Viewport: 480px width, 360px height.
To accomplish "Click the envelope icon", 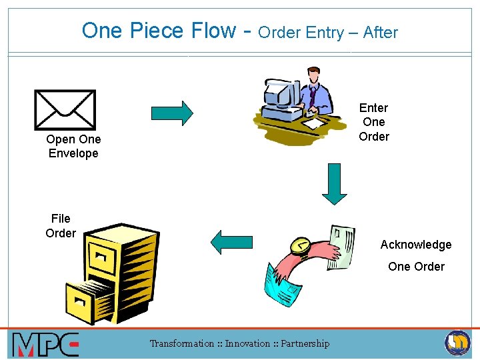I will pyautogui.click(x=65, y=109).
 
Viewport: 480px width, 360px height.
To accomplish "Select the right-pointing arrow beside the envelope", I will pyautogui.click(x=172, y=113).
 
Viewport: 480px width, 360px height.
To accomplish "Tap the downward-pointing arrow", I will pyautogui.click(x=335, y=183).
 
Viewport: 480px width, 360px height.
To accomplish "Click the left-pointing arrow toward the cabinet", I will pyautogui.click(x=231, y=241).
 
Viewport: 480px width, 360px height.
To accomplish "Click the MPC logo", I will pyautogui.click(x=45, y=345).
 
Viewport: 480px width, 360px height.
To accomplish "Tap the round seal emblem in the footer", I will pyautogui.click(x=457, y=343).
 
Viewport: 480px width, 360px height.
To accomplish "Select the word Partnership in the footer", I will pyautogui.click(x=305, y=344).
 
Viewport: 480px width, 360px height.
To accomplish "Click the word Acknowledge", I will pyautogui.click(x=416, y=245).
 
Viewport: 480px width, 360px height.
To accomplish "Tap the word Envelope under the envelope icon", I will pyautogui.click(x=73, y=153).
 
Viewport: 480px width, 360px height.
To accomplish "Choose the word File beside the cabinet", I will pyautogui.click(x=61, y=219).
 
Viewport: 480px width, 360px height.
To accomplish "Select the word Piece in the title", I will pyautogui.click(x=155, y=31).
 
